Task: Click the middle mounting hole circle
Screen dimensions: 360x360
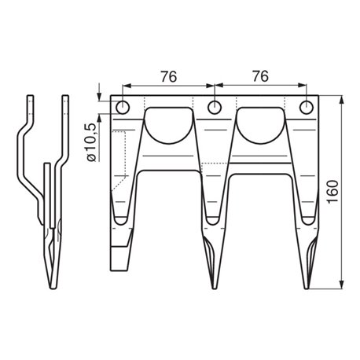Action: click(215, 108)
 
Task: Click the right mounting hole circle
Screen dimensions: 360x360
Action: click(307, 108)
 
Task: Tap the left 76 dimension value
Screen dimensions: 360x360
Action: click(169, 76)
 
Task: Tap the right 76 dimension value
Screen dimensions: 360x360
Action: click(261, 76)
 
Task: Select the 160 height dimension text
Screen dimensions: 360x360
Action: click(332, 192)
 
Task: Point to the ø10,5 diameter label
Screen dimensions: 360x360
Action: click(91, 142)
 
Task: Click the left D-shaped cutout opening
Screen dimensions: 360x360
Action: click(169, 125)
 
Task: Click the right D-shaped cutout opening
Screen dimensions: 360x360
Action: click(261, 125)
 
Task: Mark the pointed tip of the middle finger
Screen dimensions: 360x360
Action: click(215, 288)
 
